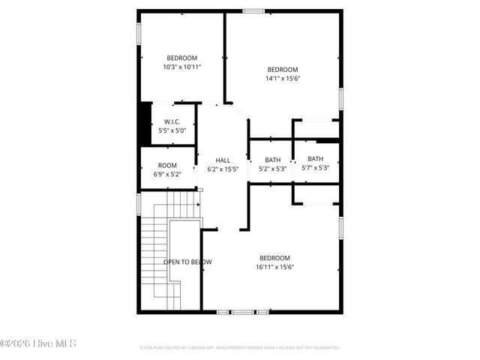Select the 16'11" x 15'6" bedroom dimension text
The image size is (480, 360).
tap(275, 266)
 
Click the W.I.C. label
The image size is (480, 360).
tap(172, 121)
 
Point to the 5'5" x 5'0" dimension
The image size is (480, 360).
tap(172, 130)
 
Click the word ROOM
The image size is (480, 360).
tap(167, 165)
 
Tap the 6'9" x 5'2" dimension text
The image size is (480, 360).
tap(167, 174)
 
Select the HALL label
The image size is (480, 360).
tap(223, 160)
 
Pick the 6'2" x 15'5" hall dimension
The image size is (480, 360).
tap(223, 169)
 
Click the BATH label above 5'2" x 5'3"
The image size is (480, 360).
tap(272, 160)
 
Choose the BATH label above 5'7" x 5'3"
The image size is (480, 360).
tap(315, 159)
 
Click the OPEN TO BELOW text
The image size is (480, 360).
tap(187, 262)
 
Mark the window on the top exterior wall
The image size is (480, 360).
tap(253, 10)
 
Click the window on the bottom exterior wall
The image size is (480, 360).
tap(243, 311)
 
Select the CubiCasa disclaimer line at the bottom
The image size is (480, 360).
tap(240, 348)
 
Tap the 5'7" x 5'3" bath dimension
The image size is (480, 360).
tap(315, 168)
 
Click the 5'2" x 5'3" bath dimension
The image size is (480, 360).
tap(272, 169)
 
